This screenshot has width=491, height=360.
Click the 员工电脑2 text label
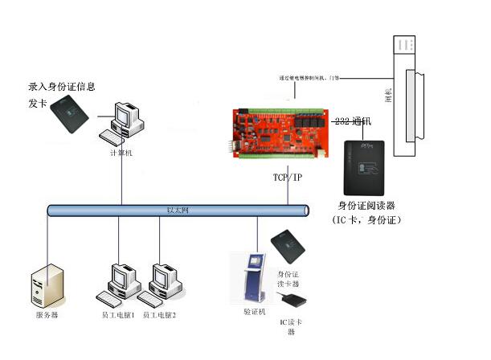point(158,316)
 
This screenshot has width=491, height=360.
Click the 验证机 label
point(253,310)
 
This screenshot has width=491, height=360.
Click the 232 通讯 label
point(354,121)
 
